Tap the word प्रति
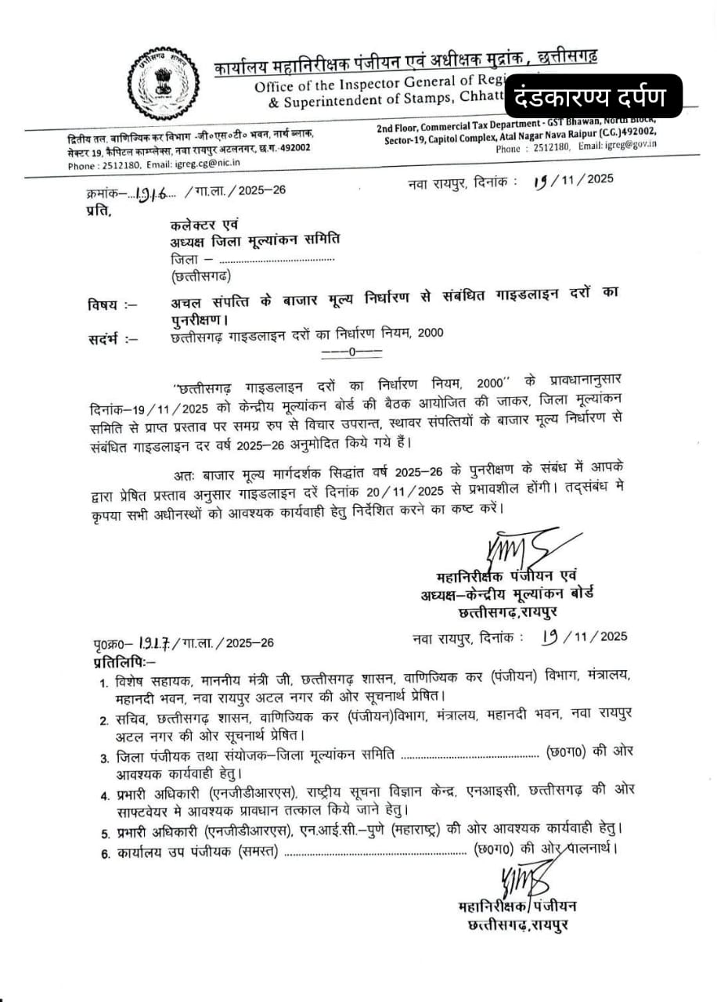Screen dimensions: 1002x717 (x=98, y=210)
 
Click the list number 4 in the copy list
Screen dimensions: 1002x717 (x=104, y=795)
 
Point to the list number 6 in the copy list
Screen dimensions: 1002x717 (x=104, y=853)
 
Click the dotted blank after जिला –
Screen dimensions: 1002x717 (x=276, y=259)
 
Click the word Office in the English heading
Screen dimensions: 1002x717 (x=273, y=86)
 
